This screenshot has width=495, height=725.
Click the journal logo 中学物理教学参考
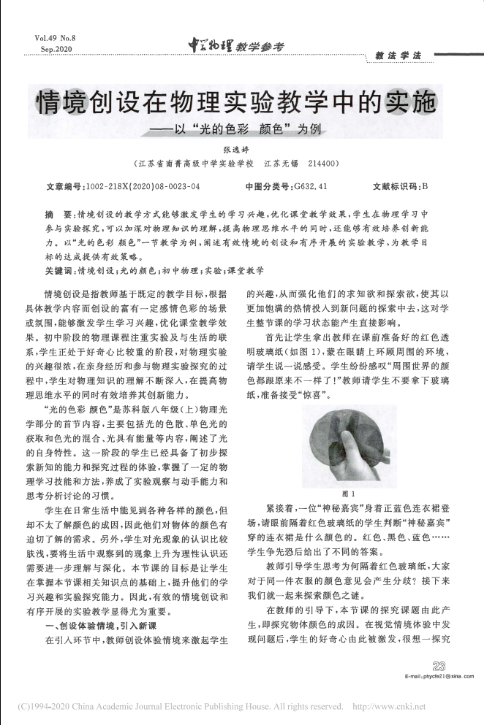[x=235, y=46]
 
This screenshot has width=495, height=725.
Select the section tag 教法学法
[x=398, y=55]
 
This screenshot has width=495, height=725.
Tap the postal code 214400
[x=322, y=164]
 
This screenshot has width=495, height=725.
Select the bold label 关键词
[x=61, y=270]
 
